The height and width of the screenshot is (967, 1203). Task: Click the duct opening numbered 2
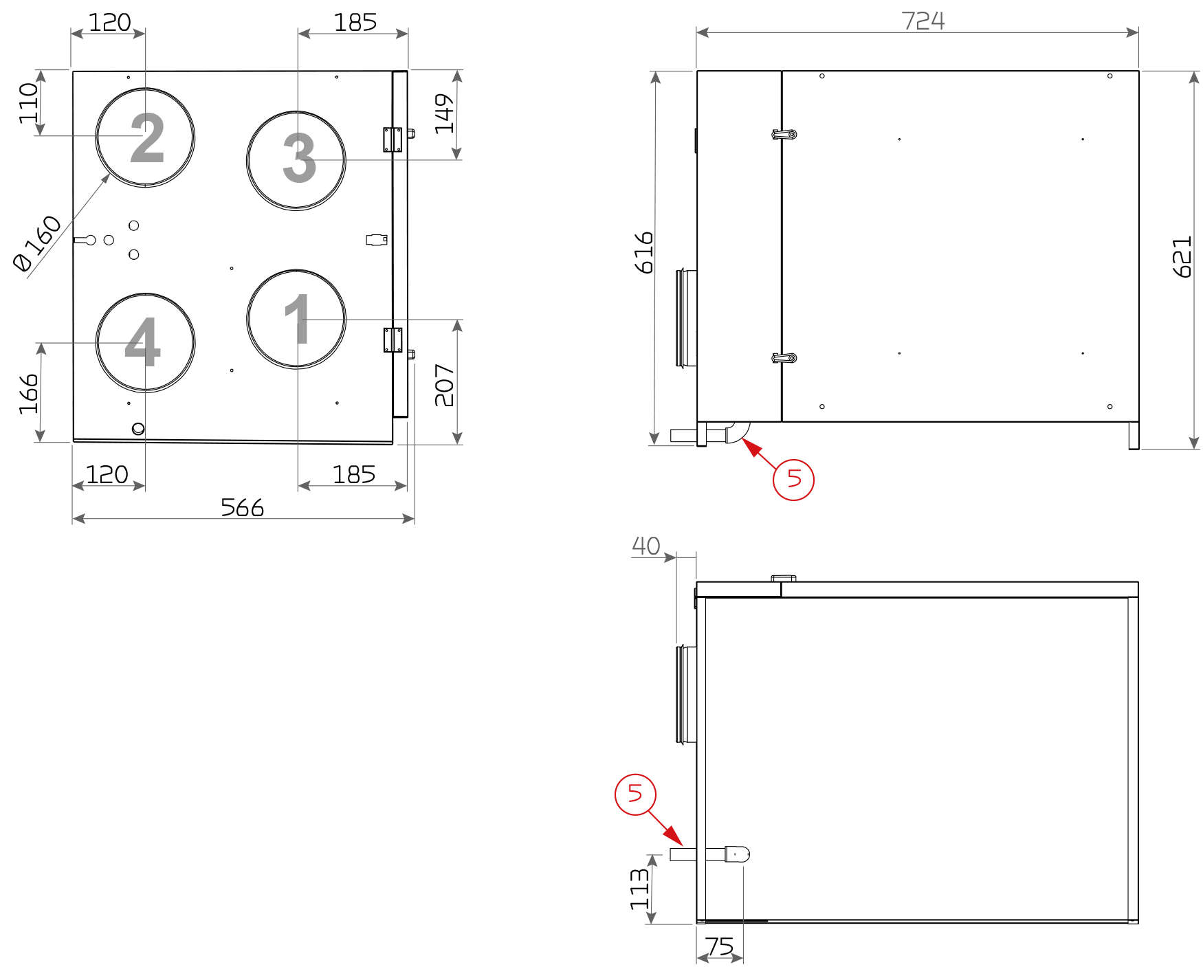(145, 137)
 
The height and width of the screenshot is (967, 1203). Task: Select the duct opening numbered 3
(296, 160)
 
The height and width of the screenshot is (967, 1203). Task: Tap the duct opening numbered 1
(296, 319)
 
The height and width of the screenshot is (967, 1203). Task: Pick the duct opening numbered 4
(145, 342)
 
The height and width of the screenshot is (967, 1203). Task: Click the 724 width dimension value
(923, 21)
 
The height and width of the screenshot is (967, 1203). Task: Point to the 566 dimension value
(242, 507)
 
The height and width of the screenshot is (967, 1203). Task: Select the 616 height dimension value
(644, 253)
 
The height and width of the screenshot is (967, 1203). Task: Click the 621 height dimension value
(1182, 257)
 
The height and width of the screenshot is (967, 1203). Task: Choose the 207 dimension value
(444, 385)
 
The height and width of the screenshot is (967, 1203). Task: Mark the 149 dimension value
(444, 113)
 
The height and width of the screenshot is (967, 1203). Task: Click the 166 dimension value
(29, 394)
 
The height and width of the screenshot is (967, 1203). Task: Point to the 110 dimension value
(29, 103)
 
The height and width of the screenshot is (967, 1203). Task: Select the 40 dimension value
(645, 546)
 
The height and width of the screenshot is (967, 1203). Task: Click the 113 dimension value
(639, 889)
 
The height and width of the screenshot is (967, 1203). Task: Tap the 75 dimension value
(719, 946)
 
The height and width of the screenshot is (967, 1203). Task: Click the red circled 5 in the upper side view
(793, 479)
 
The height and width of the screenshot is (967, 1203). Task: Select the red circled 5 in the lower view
(635, 794)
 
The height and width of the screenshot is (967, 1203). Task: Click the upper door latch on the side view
(784, 134)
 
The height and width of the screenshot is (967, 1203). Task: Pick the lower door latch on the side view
(784, 358)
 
